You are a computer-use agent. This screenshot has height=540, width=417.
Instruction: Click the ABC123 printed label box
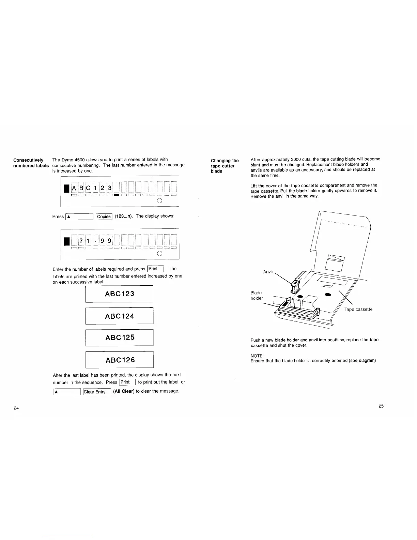(x=119, y=294)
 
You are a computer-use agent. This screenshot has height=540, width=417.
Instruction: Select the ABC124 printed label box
(x=119, y=316)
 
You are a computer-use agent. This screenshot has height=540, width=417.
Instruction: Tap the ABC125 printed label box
(x=119, y=337)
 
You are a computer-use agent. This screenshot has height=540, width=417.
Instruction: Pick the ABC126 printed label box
(x=119, y=360)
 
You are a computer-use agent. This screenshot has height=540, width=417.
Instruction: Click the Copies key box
(x=104, y=216)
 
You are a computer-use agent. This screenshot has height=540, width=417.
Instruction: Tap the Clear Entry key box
(x=97, y=392)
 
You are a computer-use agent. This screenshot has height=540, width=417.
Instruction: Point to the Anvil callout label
(x=268, y=272)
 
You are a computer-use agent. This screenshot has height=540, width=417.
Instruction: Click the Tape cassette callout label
(x=358, y=309)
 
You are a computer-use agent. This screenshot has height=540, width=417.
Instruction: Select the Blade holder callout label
(x=256, y=296)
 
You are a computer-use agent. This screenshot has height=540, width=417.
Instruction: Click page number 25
(x=381, y=406)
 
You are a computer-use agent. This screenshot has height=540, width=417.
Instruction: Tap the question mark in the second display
(x=81, y=241)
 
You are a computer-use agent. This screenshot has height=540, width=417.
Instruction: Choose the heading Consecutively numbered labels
(x=31, y=163)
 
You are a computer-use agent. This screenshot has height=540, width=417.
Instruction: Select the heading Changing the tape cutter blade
(x=225, y=166)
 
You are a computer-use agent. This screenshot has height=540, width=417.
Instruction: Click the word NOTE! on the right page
(x=257, y=356)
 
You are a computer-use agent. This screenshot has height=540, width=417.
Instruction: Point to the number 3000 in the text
(x=296, y=159)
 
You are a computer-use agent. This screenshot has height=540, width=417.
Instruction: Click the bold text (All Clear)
(x=124, y=391)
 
